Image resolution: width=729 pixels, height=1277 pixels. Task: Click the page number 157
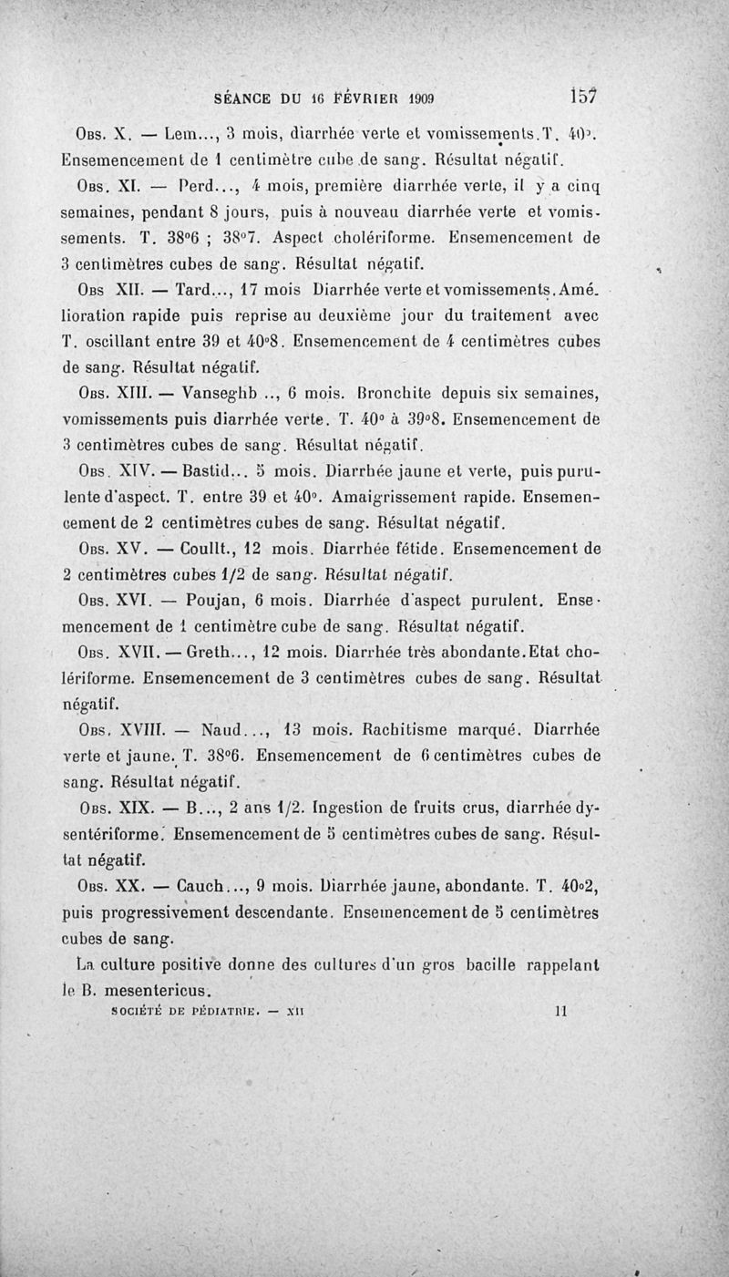[x=583, y=94]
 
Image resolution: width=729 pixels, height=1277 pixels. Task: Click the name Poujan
[x=215, y=602]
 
